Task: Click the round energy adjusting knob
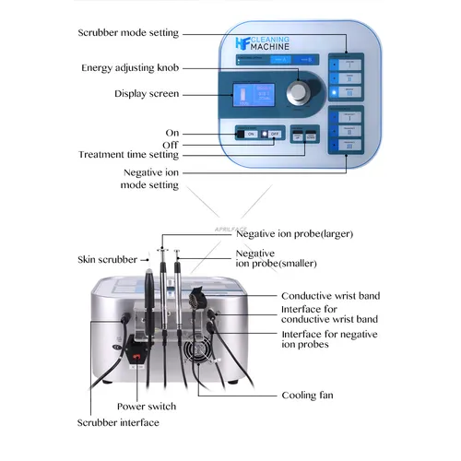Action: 298,90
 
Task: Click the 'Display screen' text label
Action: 147,93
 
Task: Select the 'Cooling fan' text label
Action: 308,396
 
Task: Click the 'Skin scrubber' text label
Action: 106,260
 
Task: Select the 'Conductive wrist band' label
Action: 329,296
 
